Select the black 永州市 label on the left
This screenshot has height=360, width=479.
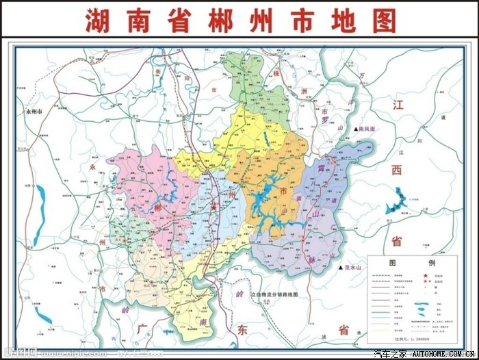pyautogui.click(x=34, y=111)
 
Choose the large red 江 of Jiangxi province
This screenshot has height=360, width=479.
pyautogui.click(x=399, y=105)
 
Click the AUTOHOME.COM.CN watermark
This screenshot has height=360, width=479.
pyautogui.click(x=445, y=354)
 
